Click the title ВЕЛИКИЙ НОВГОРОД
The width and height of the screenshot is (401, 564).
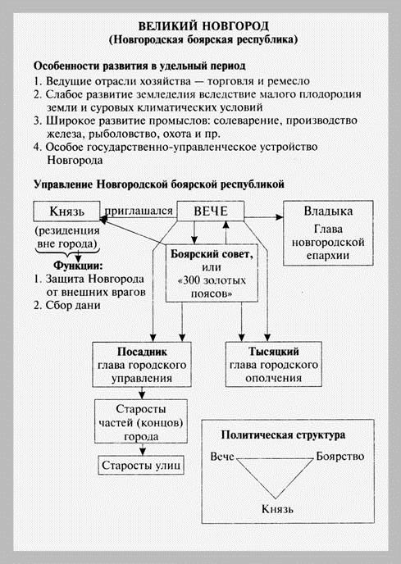point(203,26)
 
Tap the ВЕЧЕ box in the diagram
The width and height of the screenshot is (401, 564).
point(211,211)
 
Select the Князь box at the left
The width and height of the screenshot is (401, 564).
point(66,211)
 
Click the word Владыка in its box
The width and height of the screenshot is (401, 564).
point(328,211)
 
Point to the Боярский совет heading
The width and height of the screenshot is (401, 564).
point(212,254)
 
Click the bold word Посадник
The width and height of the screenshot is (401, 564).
point(142,352)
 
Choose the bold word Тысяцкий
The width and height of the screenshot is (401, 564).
point(274,351)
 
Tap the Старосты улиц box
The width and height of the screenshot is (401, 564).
point(141,466)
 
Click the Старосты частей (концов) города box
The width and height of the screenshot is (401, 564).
point(141,421)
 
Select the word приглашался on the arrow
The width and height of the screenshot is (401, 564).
point(139,211)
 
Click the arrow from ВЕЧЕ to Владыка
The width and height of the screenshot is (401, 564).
point(263,217)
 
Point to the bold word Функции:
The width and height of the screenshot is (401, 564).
point(78,266)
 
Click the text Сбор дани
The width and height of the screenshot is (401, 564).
point(73,306)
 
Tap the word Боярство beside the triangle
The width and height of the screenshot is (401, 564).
point(340,456)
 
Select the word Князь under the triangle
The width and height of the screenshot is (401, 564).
point(277,509)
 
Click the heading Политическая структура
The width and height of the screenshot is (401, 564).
point(283,435)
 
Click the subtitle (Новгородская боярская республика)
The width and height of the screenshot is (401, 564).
point(203,39)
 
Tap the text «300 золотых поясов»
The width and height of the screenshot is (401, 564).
point(212,287)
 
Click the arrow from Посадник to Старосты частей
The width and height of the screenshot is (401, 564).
point(142,393)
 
